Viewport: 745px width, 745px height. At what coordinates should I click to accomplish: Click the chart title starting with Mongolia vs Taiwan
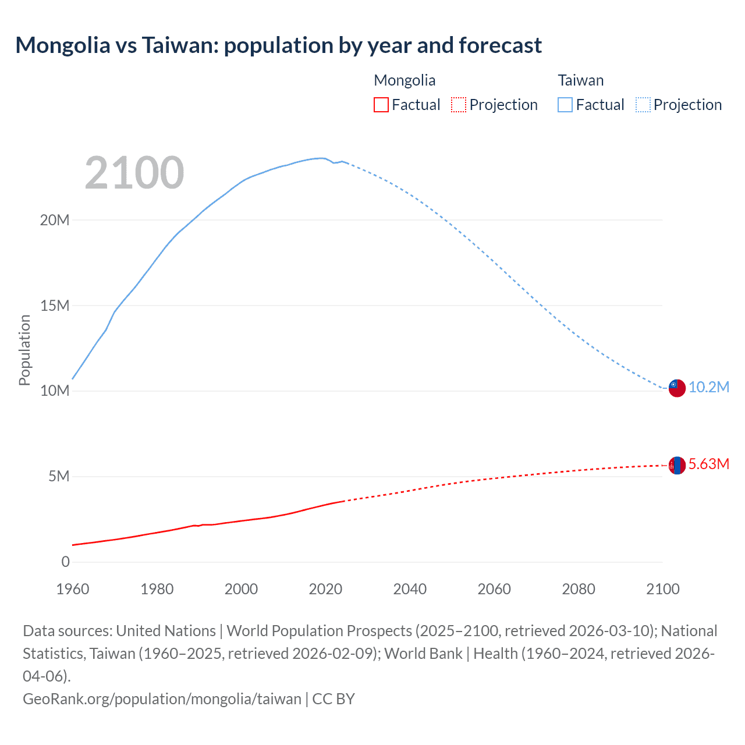click(278, 45)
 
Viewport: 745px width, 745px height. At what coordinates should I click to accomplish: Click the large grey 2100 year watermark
click(134, 173)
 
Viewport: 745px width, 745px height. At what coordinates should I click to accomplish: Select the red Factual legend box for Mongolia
click(381, 105)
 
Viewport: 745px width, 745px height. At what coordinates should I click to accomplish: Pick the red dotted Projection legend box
click(459, 105)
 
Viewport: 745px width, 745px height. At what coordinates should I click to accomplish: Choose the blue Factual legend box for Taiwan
click(565, 105)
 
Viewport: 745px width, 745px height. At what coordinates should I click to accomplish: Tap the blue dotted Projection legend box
click(643, 105)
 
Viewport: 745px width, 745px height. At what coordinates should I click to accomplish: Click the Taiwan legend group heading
click(580, 80)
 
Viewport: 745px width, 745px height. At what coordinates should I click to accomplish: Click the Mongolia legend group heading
click(405, 80)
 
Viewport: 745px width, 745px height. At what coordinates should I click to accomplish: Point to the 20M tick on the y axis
click(55, 220)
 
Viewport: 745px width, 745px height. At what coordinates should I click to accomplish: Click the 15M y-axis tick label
click(55, 306)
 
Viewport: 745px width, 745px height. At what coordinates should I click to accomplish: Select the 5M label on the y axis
click(58, 477)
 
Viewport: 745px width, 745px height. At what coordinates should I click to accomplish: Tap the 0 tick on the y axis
click(65, 562)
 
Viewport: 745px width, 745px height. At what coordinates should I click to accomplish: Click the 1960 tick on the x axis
click(73, 589)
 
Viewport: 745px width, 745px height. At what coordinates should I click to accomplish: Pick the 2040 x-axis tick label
click(410, 589)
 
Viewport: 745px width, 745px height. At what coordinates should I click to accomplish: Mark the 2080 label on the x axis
click(579, 589)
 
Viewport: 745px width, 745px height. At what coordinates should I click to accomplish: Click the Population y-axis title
click(24, 350)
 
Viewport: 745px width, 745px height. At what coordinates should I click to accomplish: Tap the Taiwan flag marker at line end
click(676, 388)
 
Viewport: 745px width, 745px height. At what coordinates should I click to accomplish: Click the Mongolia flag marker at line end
click(676, 465)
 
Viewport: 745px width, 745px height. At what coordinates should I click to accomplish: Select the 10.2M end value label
click(708, 388)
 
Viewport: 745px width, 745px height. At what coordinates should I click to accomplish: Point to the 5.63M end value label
click(708, 464)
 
